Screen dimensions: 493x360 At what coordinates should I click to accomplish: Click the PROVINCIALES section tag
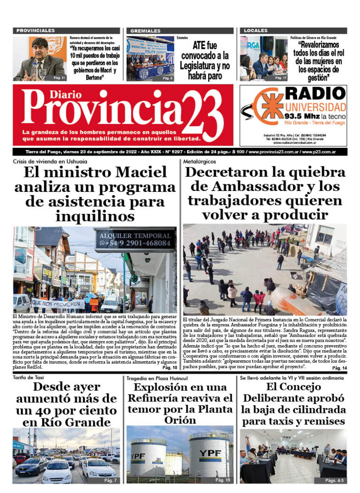[36, 30]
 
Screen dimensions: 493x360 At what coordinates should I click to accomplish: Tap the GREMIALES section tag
[146, 30]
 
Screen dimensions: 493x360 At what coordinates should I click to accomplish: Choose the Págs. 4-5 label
[335, 480]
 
